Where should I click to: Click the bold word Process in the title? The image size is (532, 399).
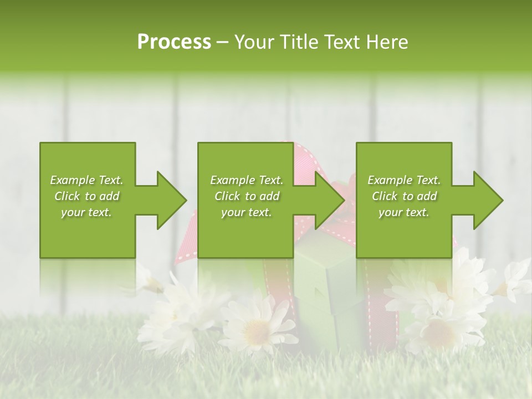(174, 42)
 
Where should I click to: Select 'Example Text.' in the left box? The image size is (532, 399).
(86, 180)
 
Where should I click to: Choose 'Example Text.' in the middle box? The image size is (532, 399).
(247, 180)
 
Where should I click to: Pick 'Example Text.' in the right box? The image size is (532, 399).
(404, 180)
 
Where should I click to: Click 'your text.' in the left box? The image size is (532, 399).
(86, 213)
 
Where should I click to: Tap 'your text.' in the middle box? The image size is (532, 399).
(247, 213)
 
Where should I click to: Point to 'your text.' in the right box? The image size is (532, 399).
(404, 213)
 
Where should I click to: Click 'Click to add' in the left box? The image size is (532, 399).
(86, 196)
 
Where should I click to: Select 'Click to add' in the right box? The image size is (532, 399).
(404, 196)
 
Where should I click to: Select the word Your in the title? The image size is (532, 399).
(253, 42)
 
